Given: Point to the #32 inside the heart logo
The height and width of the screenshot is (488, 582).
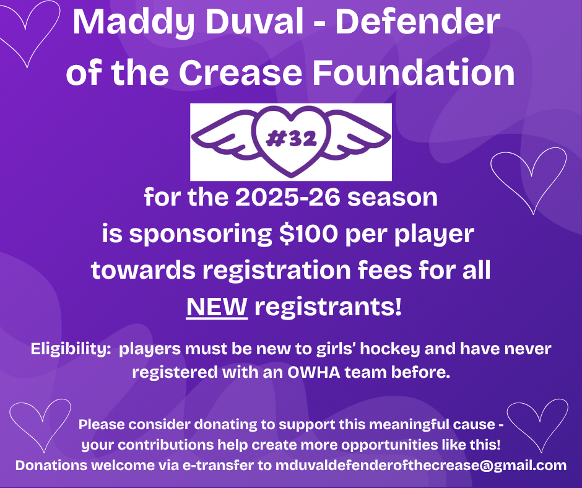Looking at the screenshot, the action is (292, 139).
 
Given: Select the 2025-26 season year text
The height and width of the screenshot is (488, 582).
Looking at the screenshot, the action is (288, 197).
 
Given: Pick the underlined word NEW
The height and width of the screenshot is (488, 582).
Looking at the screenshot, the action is (217, 307).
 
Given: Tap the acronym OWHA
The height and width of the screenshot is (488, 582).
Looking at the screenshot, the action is (314, 372).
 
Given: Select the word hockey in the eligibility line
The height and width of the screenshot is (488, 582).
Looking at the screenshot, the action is (389, 349).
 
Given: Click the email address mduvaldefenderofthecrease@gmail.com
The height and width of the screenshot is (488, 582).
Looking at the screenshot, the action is (421, 465).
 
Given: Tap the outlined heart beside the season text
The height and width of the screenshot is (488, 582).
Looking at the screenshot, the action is (529, 181).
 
